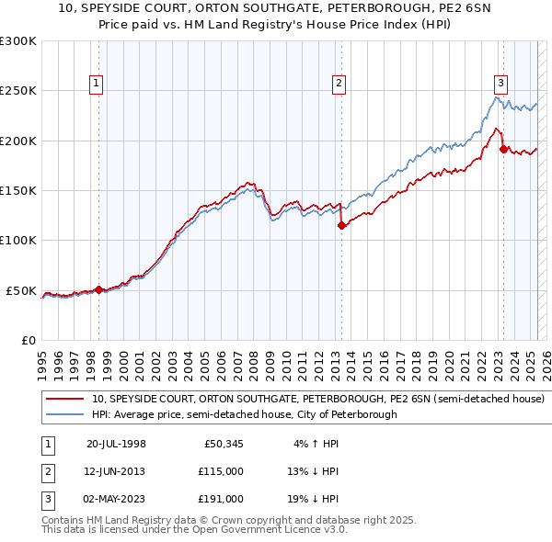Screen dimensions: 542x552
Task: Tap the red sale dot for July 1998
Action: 98,289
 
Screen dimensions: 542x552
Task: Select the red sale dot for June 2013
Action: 341,225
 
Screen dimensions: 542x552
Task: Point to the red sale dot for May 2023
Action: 503,149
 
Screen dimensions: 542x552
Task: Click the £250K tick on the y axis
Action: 18,91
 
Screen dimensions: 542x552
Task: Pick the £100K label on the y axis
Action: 18,240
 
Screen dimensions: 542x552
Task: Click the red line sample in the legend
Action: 65,400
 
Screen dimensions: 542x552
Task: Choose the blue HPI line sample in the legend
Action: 65,415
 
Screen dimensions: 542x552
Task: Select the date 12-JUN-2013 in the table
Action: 116,471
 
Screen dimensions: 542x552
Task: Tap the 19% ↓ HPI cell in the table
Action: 314,499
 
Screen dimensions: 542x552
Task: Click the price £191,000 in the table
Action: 222,499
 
